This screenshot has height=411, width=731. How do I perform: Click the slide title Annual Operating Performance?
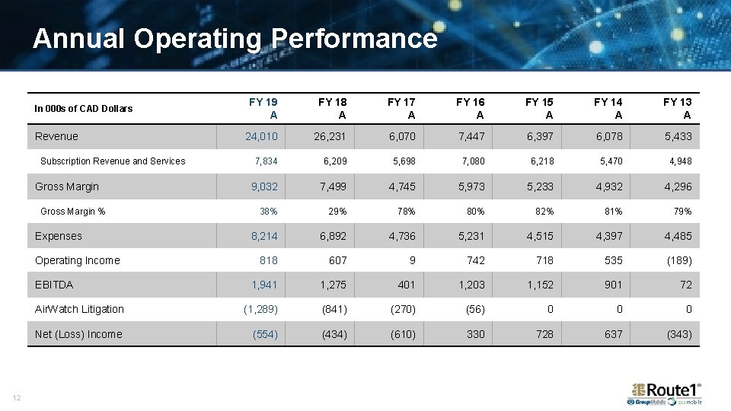point(235,38)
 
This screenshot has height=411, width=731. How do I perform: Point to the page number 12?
point(16,397)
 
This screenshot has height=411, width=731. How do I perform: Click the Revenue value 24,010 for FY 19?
point(261,136)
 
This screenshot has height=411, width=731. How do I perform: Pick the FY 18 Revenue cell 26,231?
point(330,136)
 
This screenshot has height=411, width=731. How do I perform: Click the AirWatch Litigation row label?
point(79,309)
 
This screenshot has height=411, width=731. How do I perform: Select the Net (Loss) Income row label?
point(78,334)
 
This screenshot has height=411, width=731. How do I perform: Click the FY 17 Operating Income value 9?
point(412,260)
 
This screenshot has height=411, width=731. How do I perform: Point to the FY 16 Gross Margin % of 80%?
point(475,211)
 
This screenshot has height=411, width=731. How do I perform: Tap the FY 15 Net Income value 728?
point(544,334)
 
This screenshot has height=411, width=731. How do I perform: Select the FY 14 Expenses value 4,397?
point(608,236)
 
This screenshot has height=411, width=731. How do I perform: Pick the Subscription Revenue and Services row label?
point(113,161)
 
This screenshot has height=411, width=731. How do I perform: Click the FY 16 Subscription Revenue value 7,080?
point(473,161)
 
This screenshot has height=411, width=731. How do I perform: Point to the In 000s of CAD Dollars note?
point(84,108)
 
